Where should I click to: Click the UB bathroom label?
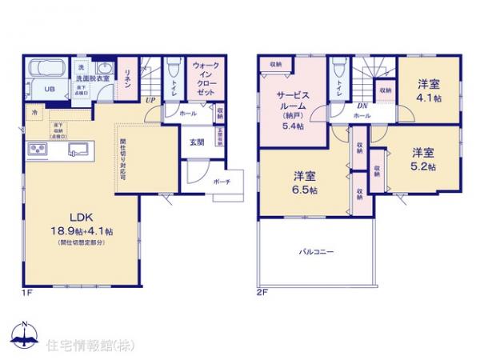coord(49,90)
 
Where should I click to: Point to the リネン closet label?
coord(127,74)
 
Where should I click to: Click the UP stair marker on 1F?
coord(150,99)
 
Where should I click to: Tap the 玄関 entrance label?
coord(196,142)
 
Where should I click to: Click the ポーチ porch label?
coord(222,182)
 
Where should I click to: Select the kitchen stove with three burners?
coord(38,150)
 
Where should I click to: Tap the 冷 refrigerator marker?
coord(34,114)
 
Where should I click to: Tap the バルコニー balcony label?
coord(317,251)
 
